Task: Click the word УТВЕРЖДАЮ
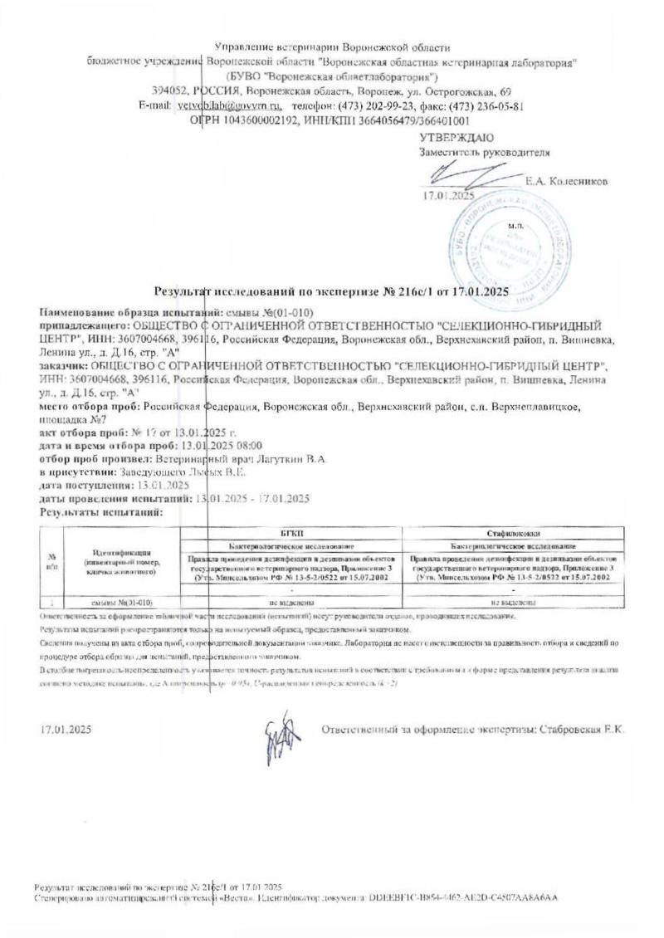coord(456,136)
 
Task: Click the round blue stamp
coord(505,241)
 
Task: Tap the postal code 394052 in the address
coord(168,91)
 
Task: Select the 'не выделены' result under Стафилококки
coord(510,600)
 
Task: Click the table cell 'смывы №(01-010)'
coord(121,600)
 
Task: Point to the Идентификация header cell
coord(121,562)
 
